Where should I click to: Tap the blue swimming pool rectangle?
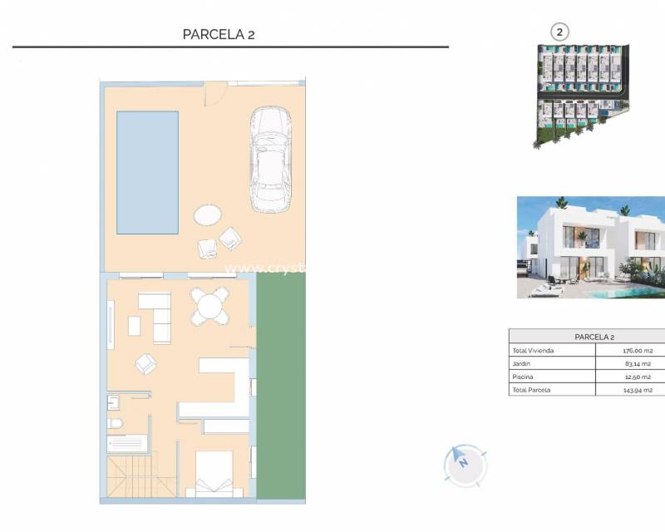[x=147, y=172]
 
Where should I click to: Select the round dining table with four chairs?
[x=209, y=306]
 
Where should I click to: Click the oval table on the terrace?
[x=207, y=215]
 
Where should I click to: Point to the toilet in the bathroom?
[x=116, y=425]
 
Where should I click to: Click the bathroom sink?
[x=114, y=402]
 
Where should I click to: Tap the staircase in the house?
[x=139, y=477]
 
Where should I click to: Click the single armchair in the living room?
[x=145, y=363]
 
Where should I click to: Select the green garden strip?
[x=281, y=387]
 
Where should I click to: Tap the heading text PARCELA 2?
[x=219, y=34]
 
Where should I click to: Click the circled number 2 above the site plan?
[x=560, y=32]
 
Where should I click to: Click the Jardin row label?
[x=521, y=363]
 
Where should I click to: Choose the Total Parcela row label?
[x=532, y=389]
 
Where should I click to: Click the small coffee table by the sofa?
[x=134, y=326]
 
